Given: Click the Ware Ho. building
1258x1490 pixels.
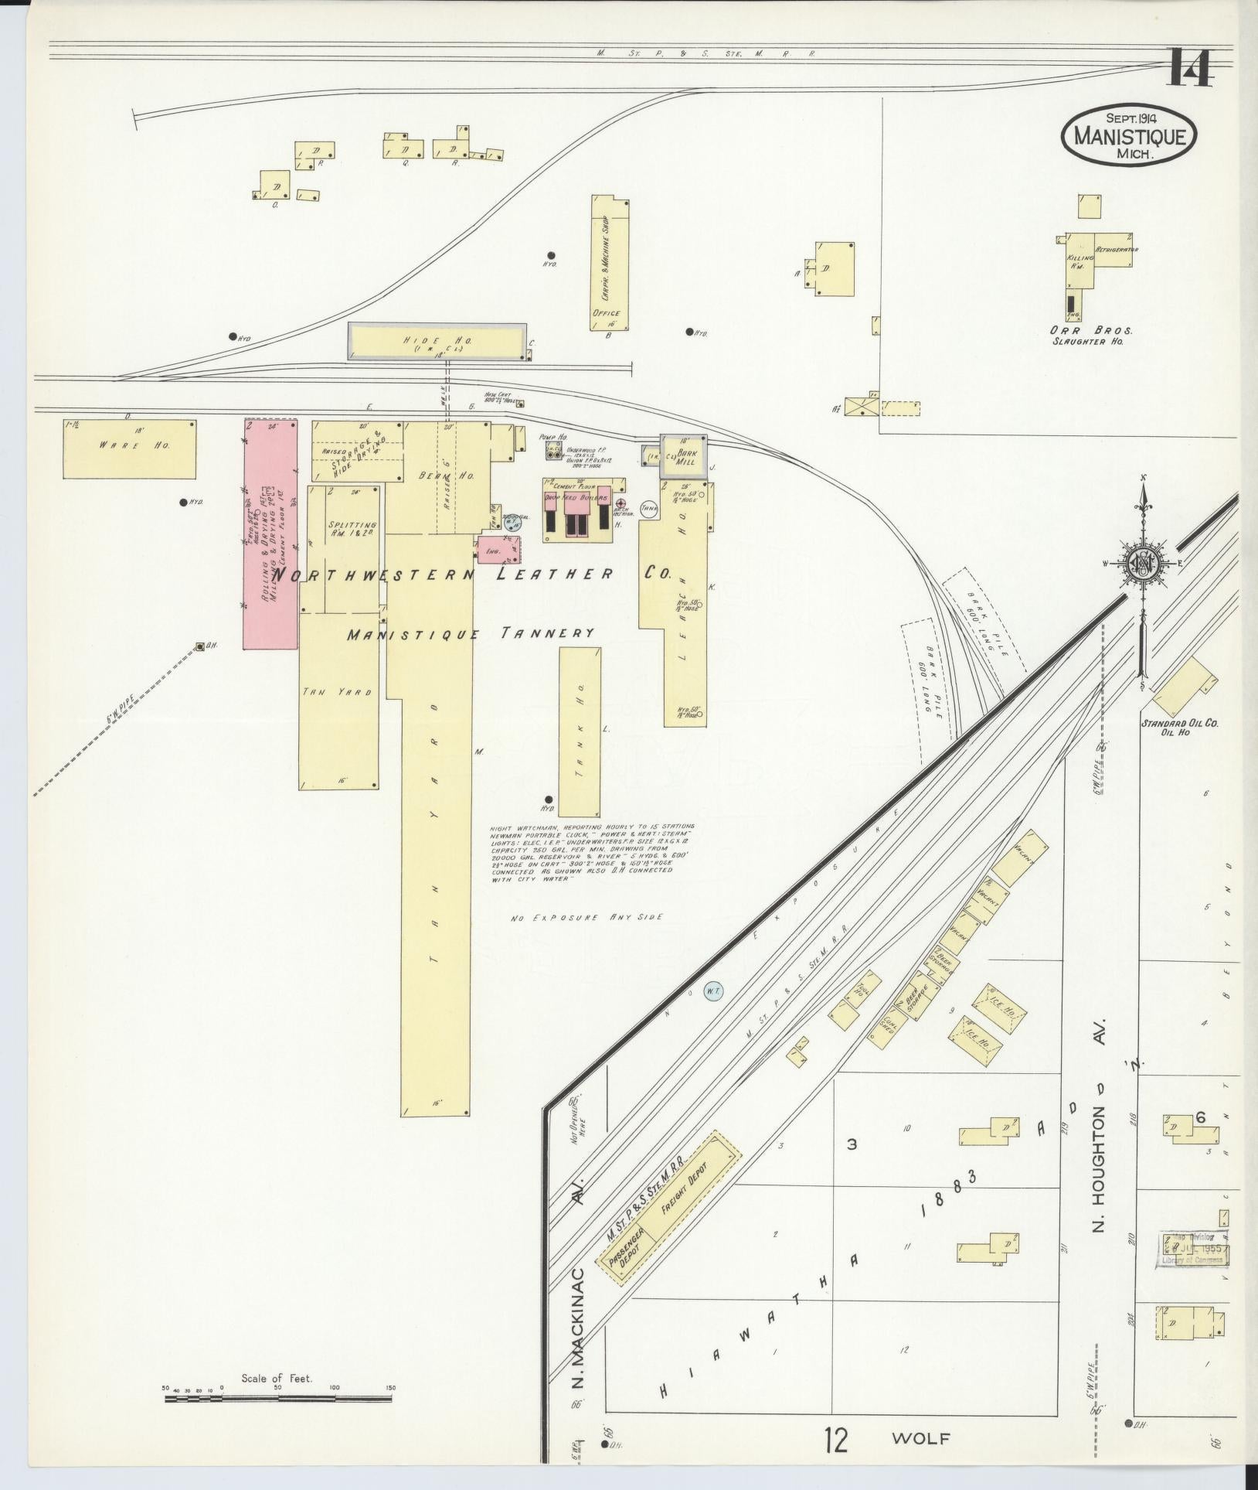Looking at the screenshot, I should (x=129, y=448).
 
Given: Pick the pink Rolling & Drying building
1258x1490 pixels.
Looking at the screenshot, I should (x=270, y=534).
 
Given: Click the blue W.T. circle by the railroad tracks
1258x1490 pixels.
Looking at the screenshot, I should (x=711, y=990).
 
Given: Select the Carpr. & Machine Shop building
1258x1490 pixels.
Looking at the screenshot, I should (x=610, y=263).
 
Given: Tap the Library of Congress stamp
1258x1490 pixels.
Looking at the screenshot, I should (x=1194, y=1254).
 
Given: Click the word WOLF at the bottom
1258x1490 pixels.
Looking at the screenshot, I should (x=920, y=1438).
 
